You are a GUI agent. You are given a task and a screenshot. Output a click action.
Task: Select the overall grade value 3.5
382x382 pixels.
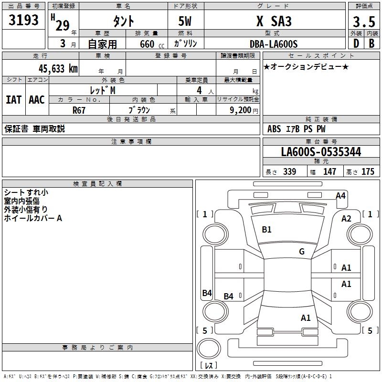[363, 21]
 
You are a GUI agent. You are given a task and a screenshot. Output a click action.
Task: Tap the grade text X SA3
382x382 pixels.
[274, 21]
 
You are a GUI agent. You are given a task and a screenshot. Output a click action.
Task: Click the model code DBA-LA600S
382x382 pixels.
[274, 44]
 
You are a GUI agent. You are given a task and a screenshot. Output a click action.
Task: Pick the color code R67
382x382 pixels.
[80, 110]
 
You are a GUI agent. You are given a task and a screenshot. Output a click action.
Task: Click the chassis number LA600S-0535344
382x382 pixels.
[321, 152]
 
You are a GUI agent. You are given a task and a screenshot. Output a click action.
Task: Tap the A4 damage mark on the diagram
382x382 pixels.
[340, 195]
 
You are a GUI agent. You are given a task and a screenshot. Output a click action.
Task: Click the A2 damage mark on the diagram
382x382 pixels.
[346, 218]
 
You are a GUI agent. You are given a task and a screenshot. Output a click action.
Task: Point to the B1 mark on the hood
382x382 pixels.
[266, 230]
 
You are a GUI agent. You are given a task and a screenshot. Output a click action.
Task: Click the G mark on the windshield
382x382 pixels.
[302, 252]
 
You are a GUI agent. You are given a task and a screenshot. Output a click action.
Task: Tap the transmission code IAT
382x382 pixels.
[13, 99]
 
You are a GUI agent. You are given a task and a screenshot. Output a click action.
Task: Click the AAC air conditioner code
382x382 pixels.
[37, 99]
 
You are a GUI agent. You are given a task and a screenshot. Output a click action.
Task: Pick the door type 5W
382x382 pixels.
[186, 21]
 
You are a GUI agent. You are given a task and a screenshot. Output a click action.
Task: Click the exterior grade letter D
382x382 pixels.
[355, 44]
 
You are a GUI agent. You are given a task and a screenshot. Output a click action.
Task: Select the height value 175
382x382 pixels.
[368, 172]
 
